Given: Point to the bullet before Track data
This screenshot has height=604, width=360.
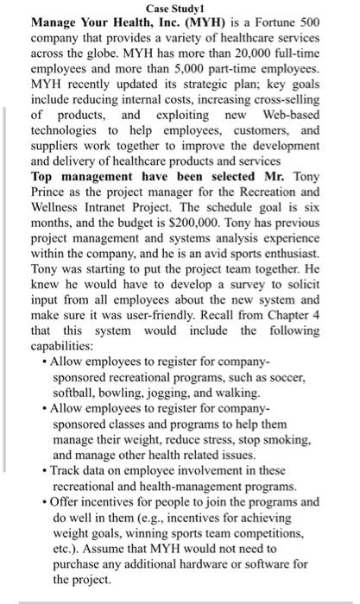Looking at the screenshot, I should pos(44,470).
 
